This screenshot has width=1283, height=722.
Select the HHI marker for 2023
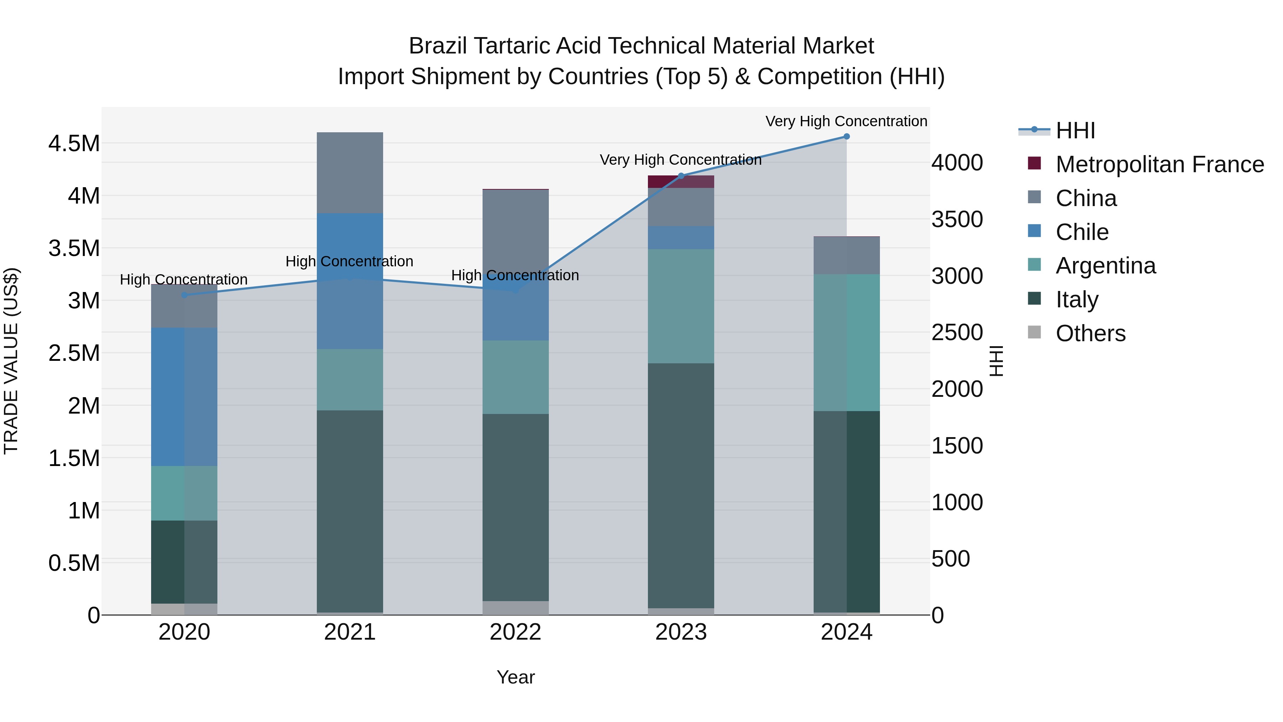681,176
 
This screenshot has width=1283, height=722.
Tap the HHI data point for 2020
184,295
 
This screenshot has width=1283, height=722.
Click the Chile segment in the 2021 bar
350,281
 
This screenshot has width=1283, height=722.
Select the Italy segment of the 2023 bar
681,486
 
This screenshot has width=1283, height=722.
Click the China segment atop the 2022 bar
515,229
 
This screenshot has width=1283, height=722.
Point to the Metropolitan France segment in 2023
681,182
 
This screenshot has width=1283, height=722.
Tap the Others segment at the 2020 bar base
184,609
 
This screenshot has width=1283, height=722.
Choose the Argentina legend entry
1105,266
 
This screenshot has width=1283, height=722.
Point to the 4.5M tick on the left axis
74,143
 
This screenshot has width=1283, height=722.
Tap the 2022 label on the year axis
515,632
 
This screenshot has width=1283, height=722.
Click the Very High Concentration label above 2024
846,121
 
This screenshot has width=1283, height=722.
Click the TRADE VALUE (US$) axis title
11,361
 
